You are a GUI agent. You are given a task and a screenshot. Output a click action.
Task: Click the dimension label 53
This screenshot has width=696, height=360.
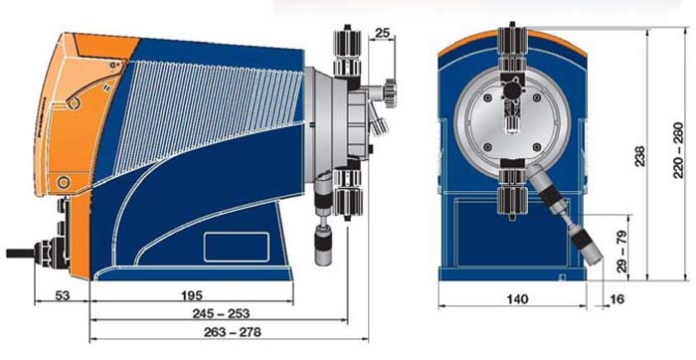[x=63, y=295]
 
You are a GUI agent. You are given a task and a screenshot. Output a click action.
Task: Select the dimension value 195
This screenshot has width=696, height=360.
[x=192, y=295]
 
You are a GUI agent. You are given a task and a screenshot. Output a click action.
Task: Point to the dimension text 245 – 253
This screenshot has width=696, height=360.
[x=221, y=313]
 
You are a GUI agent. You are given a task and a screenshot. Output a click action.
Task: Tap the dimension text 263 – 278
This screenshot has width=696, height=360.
[x=232, y=331]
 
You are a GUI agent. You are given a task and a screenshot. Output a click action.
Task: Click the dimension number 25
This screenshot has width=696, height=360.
[x=382, y=33]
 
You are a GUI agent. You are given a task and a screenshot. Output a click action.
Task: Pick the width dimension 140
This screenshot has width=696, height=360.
[x=517, y=299]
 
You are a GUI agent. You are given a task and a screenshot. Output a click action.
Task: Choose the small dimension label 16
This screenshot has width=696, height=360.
[x=617, y=299]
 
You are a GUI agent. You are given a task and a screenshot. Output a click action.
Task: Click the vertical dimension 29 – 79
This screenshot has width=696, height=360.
[x=621, y=251]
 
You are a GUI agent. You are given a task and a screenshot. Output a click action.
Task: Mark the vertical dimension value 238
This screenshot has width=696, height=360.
[x=640, y=155]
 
